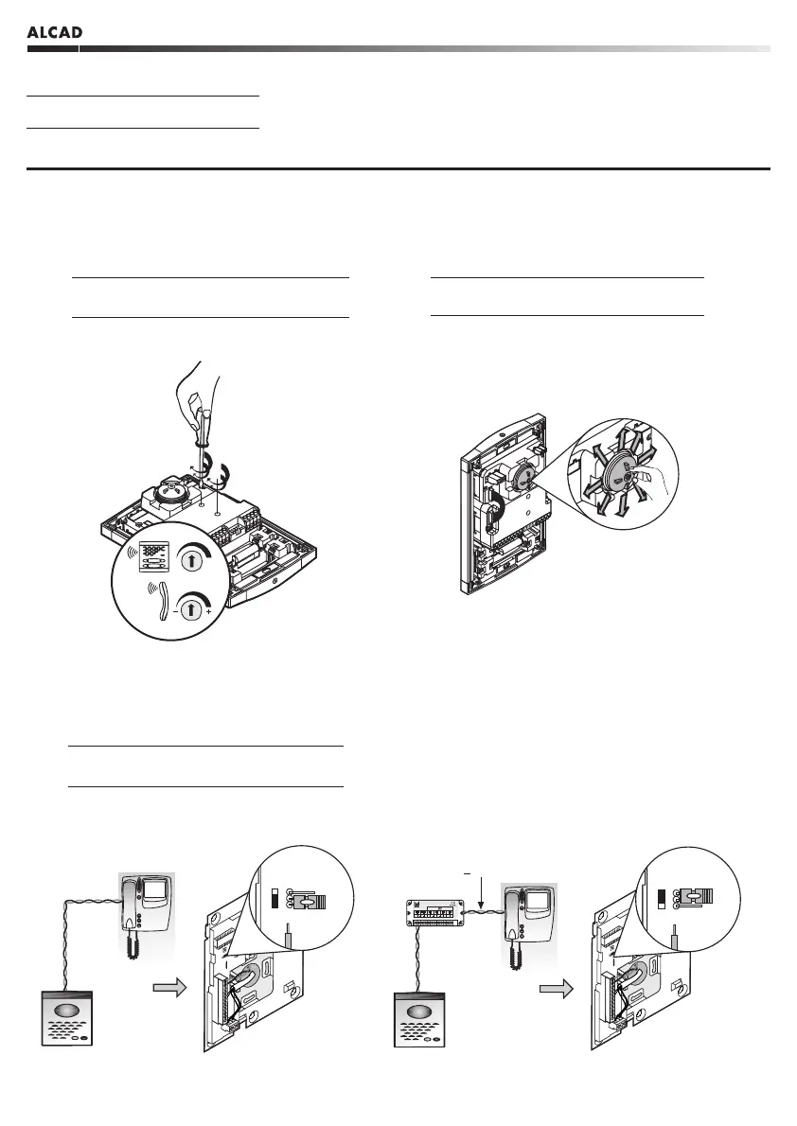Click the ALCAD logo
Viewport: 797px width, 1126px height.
54,33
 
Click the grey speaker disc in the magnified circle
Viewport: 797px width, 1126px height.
620,470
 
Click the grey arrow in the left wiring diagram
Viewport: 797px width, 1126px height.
169,989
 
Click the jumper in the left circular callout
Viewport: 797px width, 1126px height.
306,902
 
